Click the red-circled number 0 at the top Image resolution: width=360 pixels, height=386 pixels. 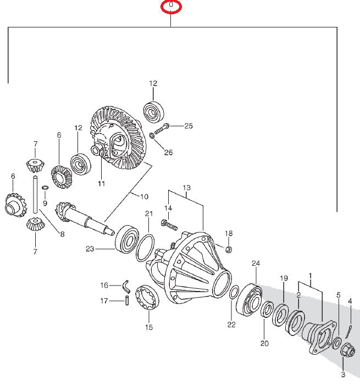point(171,5)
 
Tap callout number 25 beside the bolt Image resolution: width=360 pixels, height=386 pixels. point(189,126)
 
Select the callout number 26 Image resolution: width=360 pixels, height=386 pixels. point(168,152)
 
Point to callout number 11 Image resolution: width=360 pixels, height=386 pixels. point(101,183)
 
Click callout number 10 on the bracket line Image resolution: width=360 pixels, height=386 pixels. point(145,197)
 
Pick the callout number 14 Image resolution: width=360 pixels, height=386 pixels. point(168,208)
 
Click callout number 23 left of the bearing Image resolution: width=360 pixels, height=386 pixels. point(90,249)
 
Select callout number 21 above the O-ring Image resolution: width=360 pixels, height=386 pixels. point(149,214)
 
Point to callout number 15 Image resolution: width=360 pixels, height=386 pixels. point(148,328)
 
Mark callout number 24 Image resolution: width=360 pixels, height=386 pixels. point(255,264)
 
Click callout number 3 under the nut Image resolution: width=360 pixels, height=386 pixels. point(344,374)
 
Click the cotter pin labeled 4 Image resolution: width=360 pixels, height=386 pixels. point(350,332)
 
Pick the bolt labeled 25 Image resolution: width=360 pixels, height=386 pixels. point(163,130)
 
